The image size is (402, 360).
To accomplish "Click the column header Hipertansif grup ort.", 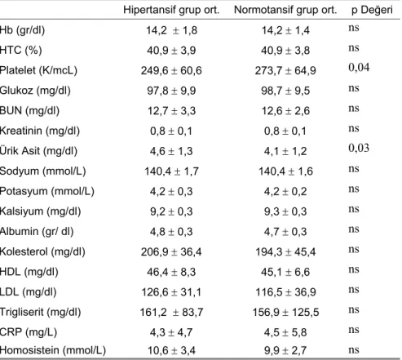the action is click(171, 10).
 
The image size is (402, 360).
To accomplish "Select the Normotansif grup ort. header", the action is click(285, 10).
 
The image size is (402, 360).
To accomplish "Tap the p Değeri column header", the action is click(372, 10).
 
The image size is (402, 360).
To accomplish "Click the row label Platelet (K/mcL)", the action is click(38, 70).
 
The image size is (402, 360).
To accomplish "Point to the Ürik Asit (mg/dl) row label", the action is click(38, 151).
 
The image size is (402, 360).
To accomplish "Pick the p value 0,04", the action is click(359, 68).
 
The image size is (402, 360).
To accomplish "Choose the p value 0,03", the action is click(359, 148).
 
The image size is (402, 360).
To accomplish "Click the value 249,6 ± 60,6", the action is click(171, 71).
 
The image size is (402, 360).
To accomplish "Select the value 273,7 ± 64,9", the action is click(285, 71).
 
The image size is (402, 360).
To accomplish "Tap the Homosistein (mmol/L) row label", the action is click(53, 350).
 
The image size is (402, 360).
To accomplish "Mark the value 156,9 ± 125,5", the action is click(285, 312).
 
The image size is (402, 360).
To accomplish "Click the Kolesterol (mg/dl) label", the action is click(42, 251).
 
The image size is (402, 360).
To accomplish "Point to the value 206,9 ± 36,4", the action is click(171, 252).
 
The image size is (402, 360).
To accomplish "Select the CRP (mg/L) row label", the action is click(29, 332).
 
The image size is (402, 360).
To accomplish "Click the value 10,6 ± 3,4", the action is click(171, 350).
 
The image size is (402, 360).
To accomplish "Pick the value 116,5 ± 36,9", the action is click(285, 292).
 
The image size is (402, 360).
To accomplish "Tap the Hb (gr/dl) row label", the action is click(22, 30).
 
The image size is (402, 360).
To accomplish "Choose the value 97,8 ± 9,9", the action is click(171, 91).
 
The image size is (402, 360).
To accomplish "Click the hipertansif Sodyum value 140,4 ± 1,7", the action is click(171, 171).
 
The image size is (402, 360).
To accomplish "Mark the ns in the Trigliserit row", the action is click(354, 309).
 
